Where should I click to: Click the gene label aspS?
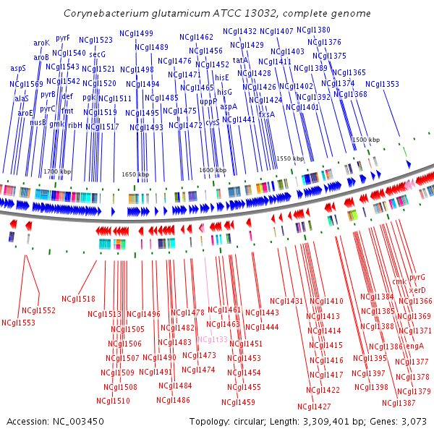[18, 68]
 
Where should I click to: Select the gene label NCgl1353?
[382, 84]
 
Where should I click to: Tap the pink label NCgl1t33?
[211, 339]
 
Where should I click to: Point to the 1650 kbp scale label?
[135, 174]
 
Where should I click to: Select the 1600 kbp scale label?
[212, 170]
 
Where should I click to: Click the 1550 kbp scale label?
[289, 158]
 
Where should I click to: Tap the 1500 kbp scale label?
[365, 140]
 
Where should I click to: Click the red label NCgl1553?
[18, 323]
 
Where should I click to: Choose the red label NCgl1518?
[78, 299]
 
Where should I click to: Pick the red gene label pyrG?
[417, 277]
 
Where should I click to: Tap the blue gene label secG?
[97, 54]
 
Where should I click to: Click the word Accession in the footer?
[27, 421]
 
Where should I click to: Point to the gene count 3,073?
[413, 421]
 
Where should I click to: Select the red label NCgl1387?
[399, 403]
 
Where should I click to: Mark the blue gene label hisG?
[224, 92]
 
